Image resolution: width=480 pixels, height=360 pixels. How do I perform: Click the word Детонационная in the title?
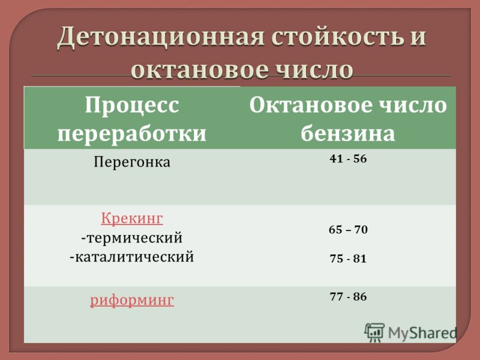point(160,38)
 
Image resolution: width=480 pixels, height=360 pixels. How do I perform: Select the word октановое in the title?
point(201,70)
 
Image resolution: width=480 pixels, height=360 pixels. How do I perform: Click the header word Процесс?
point(132,105)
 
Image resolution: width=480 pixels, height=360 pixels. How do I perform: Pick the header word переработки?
point(132,134)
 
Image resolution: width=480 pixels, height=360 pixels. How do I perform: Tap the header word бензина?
point(348,133)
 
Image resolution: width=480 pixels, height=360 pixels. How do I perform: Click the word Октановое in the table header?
point(310,105)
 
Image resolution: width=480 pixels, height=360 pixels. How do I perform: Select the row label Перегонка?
point(132,162)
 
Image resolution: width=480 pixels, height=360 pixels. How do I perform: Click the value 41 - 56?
point(348,158)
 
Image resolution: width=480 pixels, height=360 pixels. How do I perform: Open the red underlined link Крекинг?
point(132,218)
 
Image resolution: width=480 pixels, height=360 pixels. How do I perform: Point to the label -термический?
point(132,238)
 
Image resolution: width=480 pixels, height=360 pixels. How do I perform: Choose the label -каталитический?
point(132,257)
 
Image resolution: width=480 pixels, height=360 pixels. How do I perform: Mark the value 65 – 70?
point(348,230)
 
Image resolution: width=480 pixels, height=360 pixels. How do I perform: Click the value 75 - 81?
point(348,259)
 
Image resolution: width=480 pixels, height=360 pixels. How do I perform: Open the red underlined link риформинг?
point(132,300)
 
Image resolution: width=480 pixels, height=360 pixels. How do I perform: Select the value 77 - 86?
point(348,296)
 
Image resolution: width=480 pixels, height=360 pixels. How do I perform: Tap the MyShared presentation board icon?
point(374,332)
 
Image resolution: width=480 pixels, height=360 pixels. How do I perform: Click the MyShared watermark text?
point(422,333)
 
